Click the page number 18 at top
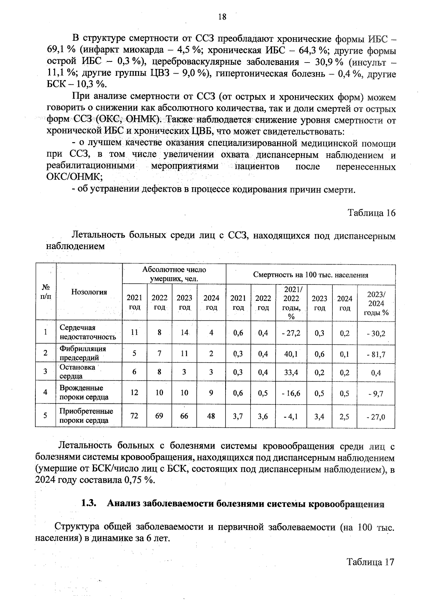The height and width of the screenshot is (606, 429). click(x=222, y=17)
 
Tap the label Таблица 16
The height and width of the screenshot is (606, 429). click(x=371, y=213)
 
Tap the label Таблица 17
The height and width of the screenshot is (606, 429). click(x=370, y=562)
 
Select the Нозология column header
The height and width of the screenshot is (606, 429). click(x=89, y=292)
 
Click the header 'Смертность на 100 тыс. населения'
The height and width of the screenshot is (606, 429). click(x=310, y=275)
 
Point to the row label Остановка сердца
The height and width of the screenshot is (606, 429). click(x=77, y=372)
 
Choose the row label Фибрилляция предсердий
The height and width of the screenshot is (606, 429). click(x=83, y=353)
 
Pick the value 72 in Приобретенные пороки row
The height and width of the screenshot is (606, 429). click(x=134, y=416)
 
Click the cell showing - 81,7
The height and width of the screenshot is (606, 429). click(x=376, y=354)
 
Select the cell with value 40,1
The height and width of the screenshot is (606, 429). click(x=291, y=354)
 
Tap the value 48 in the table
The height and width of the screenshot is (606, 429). click(x=211, y=416)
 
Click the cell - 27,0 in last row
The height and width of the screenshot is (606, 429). click(x=376, y=417)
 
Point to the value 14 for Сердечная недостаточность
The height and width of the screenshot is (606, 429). click(x=184, y=332)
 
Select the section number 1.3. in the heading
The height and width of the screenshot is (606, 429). click(x=89, y=503)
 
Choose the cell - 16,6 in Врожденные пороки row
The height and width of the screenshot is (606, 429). click(x=291, y=393)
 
